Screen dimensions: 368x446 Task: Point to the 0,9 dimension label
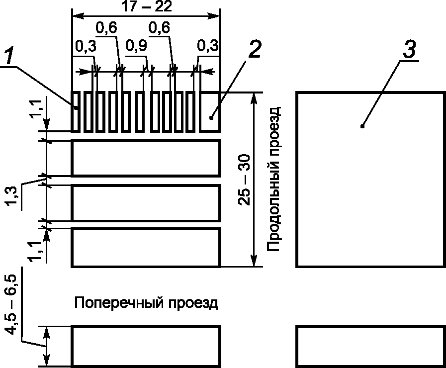pos(136,46)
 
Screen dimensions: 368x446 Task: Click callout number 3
pos(410,50)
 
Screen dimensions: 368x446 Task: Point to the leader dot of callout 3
pos(362,126)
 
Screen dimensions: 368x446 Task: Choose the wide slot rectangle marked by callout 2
pos(209,111)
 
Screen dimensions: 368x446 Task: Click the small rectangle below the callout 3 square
pos(370,346)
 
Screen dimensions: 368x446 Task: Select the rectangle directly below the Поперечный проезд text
pos(146,346)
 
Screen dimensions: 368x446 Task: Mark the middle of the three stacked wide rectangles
pos(146,202)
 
